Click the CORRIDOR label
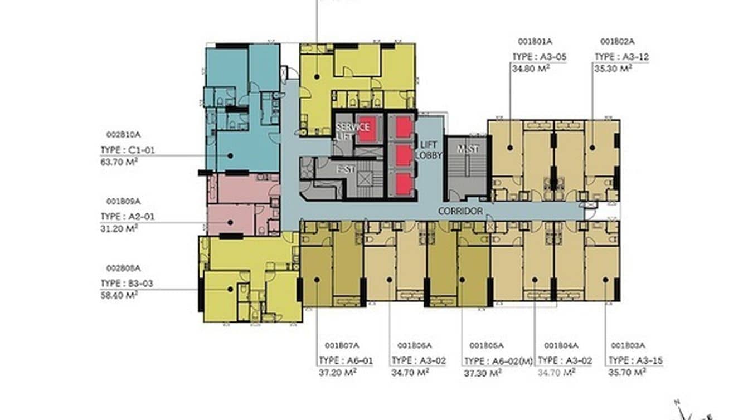(x=460, y=212)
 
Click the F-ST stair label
(x=345, y=170)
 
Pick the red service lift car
(x=366, y=127)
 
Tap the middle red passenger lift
(x=404, y=155)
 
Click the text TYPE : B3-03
(x=126, y=283)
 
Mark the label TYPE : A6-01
(x=346, y=360)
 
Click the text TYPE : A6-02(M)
(x=497, y=360)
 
